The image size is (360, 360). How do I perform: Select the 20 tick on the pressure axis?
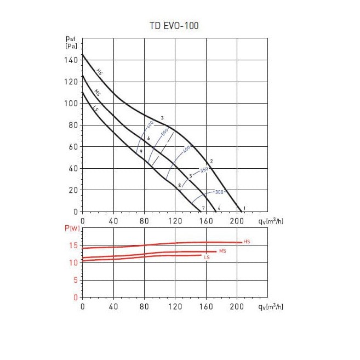(x=74, y=190)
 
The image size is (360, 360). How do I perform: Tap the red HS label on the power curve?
(x=247, y=242)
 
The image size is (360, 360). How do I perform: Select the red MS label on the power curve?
(x=222, y=251)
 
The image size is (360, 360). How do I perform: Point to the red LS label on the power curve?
(x=207, y=257)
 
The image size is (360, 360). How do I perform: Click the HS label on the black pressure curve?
(x=99, y=72)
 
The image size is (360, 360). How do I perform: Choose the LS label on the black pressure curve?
(x=95, y=109)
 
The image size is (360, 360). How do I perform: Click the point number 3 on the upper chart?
(x=162, y=118)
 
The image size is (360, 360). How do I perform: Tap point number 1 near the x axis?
(x=244, y=208)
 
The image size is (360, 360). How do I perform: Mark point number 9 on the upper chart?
(x=141, y=151)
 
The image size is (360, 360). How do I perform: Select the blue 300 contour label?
(x=220, y=192)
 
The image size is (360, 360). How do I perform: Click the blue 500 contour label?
(x=164, y=133)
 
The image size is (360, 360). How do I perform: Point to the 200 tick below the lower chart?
(x=237, y=307)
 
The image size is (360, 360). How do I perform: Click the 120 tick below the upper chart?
(x=175, y=221)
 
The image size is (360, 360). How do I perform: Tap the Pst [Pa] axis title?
(x=71, y=43)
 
